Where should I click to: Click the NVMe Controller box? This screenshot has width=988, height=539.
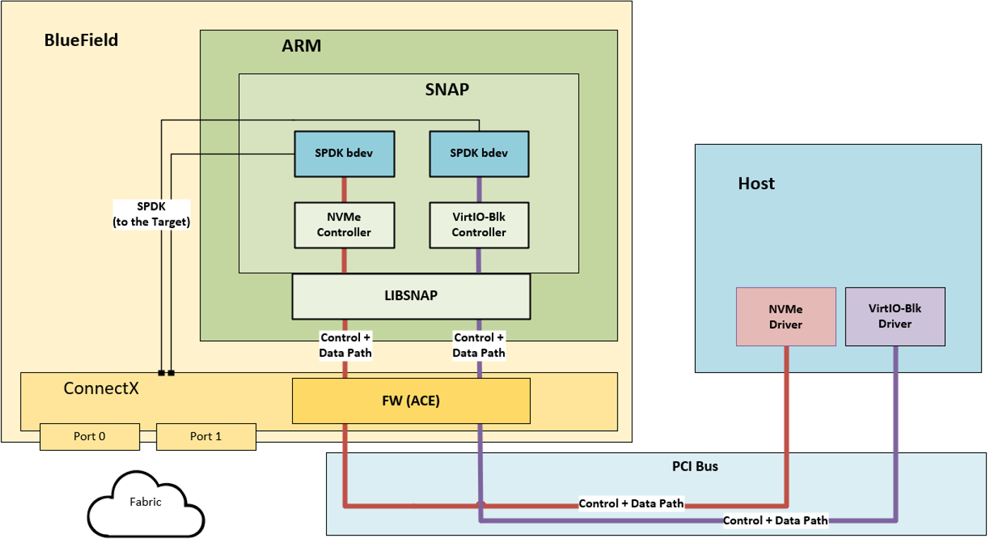pos(344,225)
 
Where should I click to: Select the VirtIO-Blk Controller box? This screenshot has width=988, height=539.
pos(479,225)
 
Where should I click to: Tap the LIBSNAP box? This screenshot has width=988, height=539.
pos(411,296)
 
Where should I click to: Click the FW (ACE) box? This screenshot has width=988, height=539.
pos(411,401)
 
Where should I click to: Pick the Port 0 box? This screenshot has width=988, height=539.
pos(90,437)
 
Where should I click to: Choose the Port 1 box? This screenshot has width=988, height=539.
pos(205,437)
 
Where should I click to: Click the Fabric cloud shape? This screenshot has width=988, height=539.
pos(145,503)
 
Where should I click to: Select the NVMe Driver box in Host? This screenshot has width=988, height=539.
pos(785,316)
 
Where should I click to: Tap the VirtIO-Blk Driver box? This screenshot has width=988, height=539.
pos(895,316)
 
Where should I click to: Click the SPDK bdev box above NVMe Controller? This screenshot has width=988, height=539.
pos(344,153)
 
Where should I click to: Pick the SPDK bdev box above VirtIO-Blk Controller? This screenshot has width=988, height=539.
pos(479,153)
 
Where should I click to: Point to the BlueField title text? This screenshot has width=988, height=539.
pos(81,40)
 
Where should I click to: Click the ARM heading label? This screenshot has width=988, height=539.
pos(301,47)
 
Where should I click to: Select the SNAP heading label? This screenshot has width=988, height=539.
pos(447,90)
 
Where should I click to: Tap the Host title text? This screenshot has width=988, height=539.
pos(756,184)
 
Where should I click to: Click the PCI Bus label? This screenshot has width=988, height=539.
pos(694,467)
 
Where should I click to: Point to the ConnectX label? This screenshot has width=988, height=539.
pos(100,388)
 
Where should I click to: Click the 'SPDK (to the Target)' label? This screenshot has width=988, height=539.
pos(152,214)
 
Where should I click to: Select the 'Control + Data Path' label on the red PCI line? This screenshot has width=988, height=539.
pos(631,504)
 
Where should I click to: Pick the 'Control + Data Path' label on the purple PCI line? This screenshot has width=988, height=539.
pos(775,521)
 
